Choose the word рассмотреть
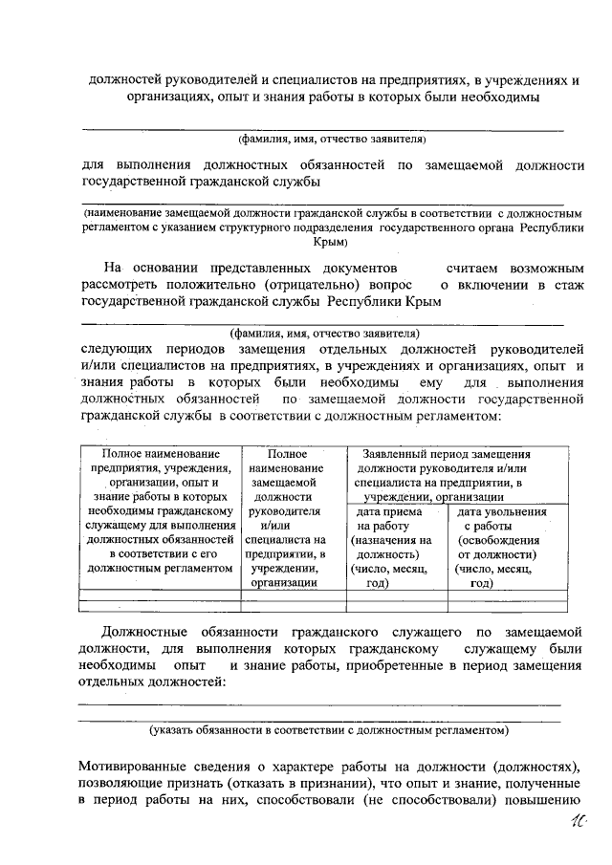122,285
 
